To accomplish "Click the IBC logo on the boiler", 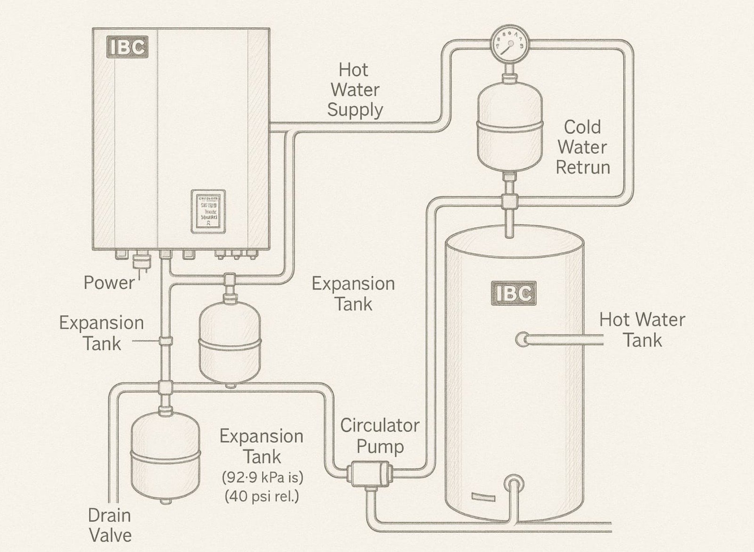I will (x=128, y=47).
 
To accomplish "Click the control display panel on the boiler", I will (x=208, y=212).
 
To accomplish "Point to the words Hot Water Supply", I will (x=354, y=90).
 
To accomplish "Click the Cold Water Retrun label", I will (x=582, y=147).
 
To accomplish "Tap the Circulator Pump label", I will (x=380, y=436).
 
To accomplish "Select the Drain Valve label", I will (x=110, y=525).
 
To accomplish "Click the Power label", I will (x=109, y=283).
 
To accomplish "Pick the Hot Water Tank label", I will (x=642, y=330).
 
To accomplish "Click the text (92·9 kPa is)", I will (x=262, y=478).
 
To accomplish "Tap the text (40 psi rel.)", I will (x=262, y=496).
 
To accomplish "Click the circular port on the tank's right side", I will (x=522, y=339).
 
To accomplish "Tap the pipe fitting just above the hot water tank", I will (x=509, y=202).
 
